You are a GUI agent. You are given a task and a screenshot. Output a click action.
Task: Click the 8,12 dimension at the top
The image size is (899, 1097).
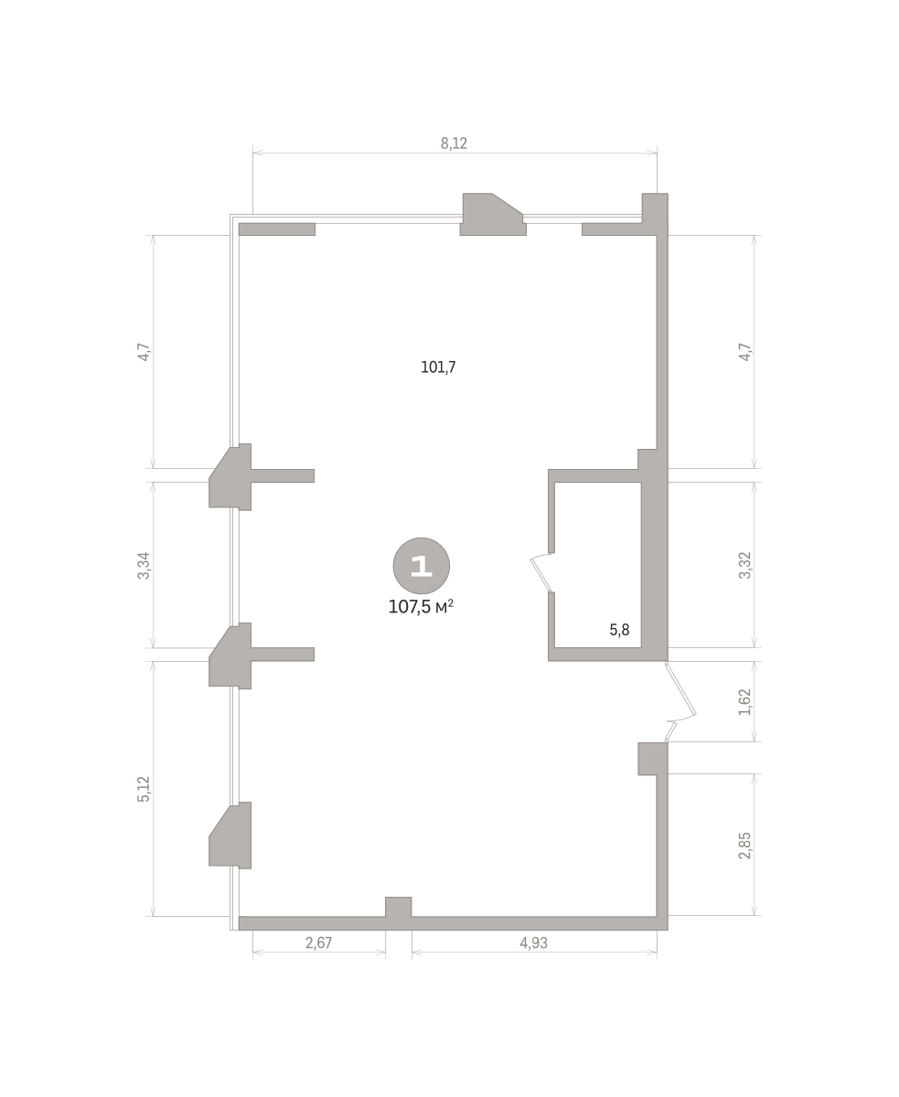tap(454, 144)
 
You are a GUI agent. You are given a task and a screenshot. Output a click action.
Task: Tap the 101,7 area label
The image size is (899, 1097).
tap(438, 367)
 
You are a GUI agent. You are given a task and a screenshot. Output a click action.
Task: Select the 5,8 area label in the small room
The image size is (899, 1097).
tap(619, 630)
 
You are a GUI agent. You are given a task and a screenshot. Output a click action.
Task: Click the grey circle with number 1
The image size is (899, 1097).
tap(421, 565)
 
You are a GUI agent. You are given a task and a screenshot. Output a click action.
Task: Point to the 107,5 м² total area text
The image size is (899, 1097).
tap(421, 606)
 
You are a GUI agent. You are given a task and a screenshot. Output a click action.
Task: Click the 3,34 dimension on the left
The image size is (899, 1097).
tap(144, 565)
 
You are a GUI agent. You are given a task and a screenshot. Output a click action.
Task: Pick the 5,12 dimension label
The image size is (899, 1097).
tap(144, 789)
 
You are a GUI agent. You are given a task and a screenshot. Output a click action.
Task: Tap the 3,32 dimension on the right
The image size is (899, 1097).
tap(745, 565)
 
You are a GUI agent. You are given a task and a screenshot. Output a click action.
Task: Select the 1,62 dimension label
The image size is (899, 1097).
tap(745, 702)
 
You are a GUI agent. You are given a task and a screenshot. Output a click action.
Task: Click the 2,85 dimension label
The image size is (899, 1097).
tap(745, 846)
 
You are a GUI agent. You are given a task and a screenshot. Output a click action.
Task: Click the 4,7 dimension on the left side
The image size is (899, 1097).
tap(144, 352)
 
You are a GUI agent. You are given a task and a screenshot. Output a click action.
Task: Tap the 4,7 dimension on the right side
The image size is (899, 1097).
tap(745, 352)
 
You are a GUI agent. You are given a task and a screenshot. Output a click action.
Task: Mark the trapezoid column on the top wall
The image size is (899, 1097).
tap(493, 214)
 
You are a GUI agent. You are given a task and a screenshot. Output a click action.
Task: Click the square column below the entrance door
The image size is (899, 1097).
tap(652, 759)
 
